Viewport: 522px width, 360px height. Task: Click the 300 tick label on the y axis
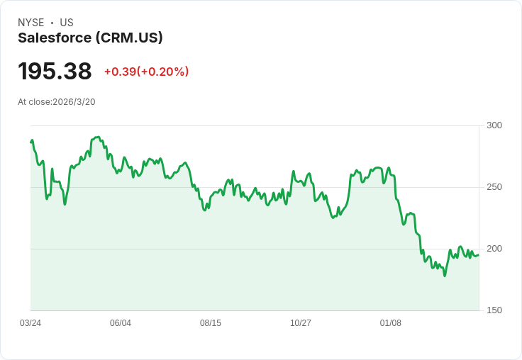coord(494,125)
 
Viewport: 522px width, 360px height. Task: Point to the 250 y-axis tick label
coord(494,187)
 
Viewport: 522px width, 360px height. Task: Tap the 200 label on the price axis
coord(494,249)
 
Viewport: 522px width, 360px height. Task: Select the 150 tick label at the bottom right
coord(494,310)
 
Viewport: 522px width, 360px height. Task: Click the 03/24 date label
coord(30,323)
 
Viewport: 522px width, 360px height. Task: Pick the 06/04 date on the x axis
coord(121,323)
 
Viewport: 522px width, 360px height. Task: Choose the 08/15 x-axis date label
coord(211,323)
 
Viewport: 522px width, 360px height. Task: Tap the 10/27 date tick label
coord(301,323)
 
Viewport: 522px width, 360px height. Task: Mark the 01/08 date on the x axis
coord(391,323)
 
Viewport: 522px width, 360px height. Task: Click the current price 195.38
coord(55,72)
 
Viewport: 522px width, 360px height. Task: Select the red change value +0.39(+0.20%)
coord(146,72)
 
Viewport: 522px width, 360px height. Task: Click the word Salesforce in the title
coord(55,38)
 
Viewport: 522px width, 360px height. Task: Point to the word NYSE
coord(31,23)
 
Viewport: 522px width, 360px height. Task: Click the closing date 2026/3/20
coord(74,102)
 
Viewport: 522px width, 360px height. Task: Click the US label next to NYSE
coord(67,23)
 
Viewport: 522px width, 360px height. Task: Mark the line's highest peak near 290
coord(97,137)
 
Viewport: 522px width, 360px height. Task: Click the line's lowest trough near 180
coord(445,275)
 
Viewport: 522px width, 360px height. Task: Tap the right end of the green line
coord(479,255)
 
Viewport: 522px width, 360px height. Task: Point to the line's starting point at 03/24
coord(31,142)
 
